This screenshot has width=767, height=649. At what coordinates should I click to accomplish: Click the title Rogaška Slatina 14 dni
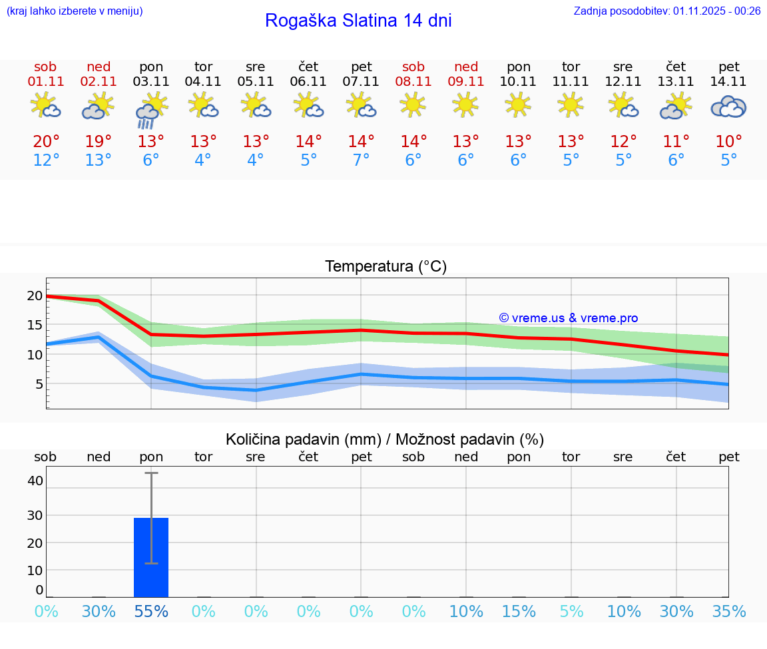[358, 21]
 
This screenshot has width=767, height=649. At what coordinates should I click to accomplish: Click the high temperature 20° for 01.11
[46, 142]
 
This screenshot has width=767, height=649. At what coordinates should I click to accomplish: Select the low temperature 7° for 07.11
[361, 160]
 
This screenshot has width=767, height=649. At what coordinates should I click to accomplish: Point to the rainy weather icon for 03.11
[151, 110]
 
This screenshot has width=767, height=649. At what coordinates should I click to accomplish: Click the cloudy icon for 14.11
[728, 107]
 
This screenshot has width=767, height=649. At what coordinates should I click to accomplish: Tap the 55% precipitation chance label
[151, 612]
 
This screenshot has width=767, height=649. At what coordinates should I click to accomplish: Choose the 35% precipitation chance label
[728, 612]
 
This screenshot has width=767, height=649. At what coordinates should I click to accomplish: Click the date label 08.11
[413, 82]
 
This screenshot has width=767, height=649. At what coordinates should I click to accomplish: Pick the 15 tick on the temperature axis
[35, 325]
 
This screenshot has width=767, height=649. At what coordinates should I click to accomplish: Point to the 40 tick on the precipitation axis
[35, 481]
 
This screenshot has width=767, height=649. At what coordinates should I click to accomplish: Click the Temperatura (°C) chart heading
[385, 267]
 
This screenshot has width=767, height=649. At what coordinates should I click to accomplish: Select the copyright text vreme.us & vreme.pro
[568, 318]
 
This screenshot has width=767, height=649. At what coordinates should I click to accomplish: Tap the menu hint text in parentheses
[75, 11]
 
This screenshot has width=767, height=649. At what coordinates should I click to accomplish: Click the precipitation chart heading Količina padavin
[385, 439]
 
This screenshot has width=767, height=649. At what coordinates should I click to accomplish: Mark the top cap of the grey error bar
[151, 473]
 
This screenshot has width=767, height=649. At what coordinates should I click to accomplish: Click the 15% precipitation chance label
[519, 612]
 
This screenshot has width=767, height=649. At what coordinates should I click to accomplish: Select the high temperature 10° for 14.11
[728, 142]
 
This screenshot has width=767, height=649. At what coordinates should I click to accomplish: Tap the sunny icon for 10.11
[519, 105]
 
